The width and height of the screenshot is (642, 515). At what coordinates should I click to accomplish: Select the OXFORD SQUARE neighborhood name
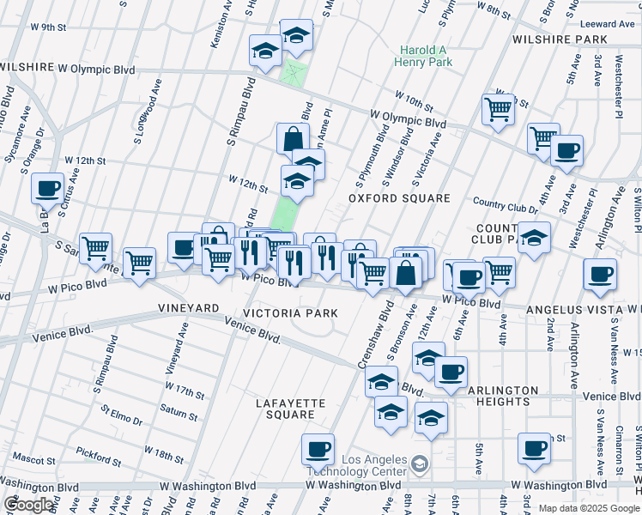399,198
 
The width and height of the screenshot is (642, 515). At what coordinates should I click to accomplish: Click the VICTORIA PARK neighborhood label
290,313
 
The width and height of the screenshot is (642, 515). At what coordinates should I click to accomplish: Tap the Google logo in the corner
28,505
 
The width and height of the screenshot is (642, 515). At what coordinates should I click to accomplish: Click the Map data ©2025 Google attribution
588,508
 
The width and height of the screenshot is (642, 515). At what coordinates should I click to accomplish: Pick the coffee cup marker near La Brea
48,188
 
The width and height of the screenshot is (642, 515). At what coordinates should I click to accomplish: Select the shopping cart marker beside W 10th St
498,109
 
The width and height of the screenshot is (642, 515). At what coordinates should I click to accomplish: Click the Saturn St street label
179,415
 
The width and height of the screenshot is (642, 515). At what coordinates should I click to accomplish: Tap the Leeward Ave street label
608,24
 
